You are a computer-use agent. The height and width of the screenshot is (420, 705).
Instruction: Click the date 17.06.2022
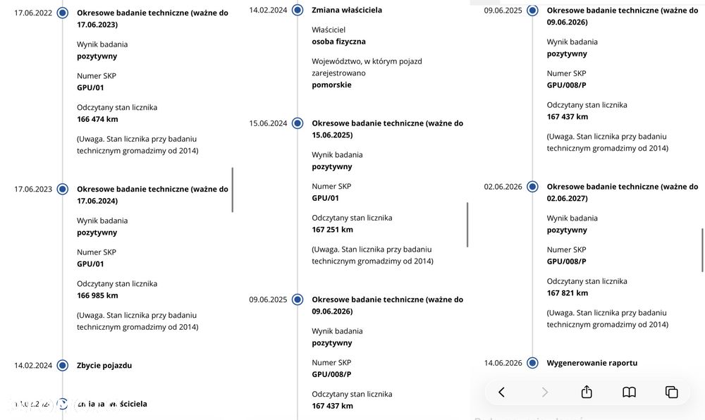pos(33,13)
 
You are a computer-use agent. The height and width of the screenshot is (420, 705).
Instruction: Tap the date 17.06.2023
pos(33,189)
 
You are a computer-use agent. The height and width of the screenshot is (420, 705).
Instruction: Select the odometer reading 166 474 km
pos(97,119)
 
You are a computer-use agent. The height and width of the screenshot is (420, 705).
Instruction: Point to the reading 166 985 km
pos(97,295)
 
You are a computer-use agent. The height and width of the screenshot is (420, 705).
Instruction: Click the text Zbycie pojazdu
pos(104,365)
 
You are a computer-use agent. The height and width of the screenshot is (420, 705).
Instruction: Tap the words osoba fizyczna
pos(338,42)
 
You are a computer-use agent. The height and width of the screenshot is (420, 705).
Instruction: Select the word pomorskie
pos(332,85)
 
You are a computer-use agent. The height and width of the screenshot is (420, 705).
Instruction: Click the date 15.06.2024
pos(268,123)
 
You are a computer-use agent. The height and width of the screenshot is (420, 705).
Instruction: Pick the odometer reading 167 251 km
pos(333,230)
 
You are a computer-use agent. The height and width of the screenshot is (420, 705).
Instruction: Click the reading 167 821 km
pos(568,293)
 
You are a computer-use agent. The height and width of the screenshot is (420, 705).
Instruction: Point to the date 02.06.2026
pos(503,187)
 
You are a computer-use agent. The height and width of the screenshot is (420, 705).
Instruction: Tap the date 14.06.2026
pos(503,363)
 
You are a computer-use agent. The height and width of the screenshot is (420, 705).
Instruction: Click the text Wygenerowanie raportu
pos(592,363)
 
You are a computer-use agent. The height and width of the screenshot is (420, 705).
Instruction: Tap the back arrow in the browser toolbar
pos(502,392)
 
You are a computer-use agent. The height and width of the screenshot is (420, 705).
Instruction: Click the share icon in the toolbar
pos(587,392)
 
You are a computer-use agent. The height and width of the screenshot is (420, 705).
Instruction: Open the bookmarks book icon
pos(629,392)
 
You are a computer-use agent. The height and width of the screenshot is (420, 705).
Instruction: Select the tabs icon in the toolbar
pos(671,392)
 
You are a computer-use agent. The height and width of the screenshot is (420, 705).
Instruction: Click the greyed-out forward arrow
pos(545,392)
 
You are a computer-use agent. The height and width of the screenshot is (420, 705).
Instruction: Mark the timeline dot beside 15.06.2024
pos(298,123)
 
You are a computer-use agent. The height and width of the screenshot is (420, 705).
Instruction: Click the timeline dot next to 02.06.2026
pos(532,187)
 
